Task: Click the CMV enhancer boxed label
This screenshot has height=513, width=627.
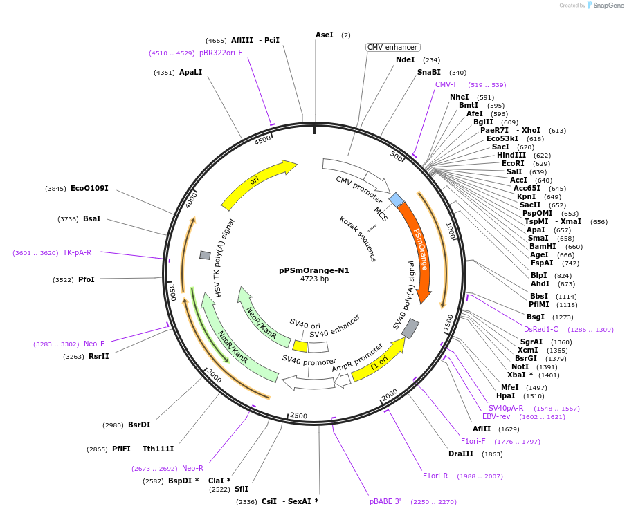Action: [393, 48]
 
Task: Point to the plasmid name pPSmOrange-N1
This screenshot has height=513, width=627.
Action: [314, 271]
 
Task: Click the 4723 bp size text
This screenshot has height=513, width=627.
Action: [314, 279]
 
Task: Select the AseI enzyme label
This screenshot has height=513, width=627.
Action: [324, 35]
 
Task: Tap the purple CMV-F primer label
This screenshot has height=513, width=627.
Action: [446, 84]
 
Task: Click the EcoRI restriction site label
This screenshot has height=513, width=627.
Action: [513, 163]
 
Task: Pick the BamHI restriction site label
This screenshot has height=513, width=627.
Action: [542, 246]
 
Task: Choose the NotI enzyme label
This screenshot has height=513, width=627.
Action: [520, 366]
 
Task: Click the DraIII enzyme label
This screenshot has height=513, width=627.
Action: [461, 454]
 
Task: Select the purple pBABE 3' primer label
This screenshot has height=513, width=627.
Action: [385, 502]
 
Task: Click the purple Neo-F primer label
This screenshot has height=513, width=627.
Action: [94, 344]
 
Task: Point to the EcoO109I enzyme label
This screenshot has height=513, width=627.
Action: [89, 188]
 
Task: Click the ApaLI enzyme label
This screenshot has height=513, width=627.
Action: [190, 72]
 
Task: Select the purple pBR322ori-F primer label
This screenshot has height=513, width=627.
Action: [221, 53]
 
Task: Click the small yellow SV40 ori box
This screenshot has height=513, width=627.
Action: [300, 346]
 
